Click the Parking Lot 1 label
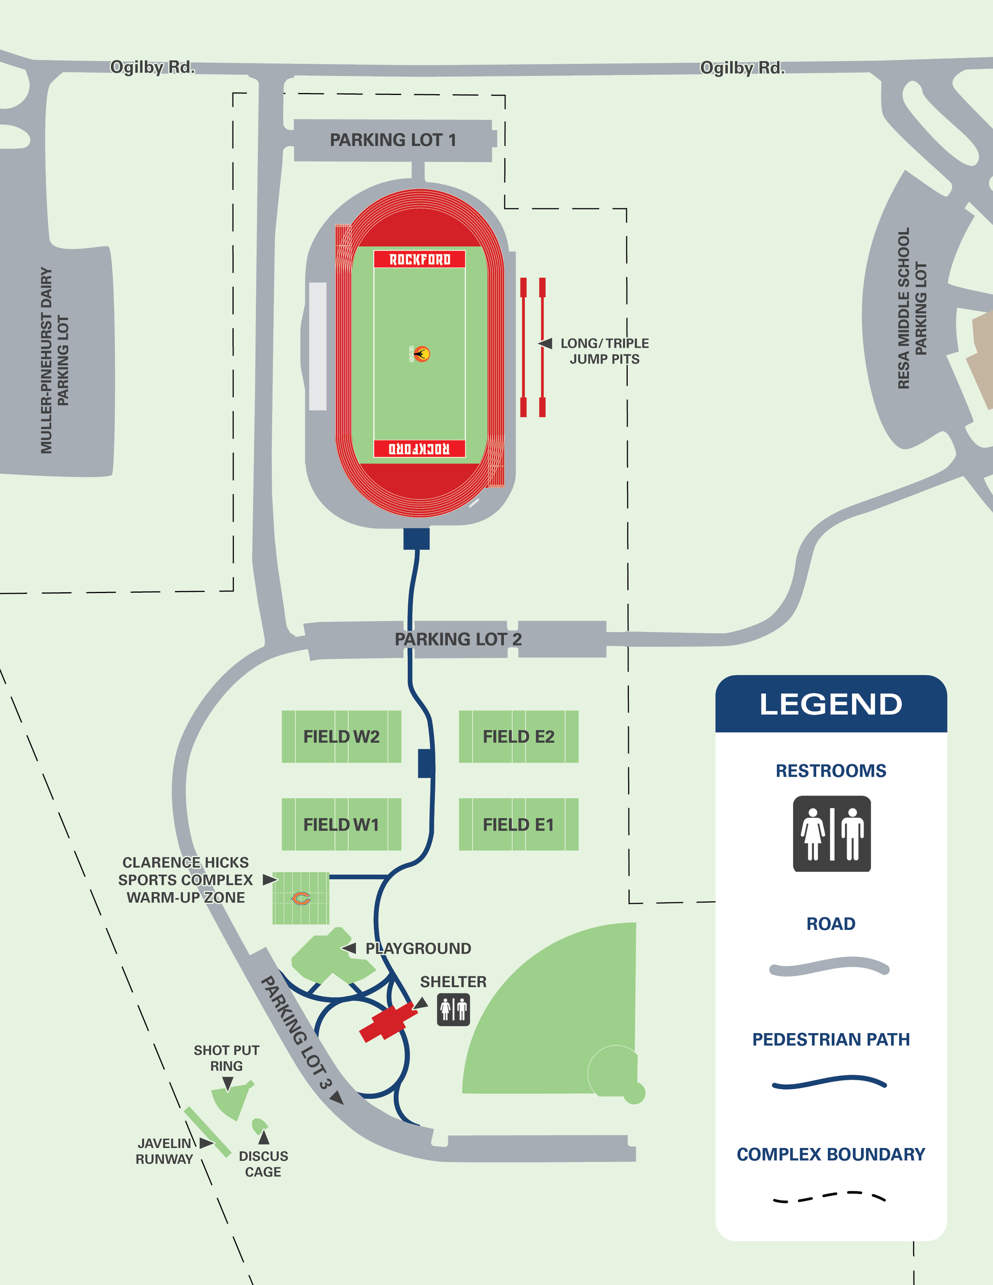click(x=392, y=140)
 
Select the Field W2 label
click(x=341, y=736)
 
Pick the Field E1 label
click(x=518, y=825)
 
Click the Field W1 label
click(x=341, y=825)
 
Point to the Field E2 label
click(x=518, y=736)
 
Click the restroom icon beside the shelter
click(x=453, y=1010)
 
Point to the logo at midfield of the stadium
click(x=421, y=354)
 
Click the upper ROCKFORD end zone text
click(x=419, y=259)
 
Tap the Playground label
click(x=418, y=949)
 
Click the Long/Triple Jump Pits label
click(x=604, y=351)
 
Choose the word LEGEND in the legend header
click(x=831, y=704)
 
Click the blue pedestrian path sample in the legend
click(x=829, y=1082)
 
